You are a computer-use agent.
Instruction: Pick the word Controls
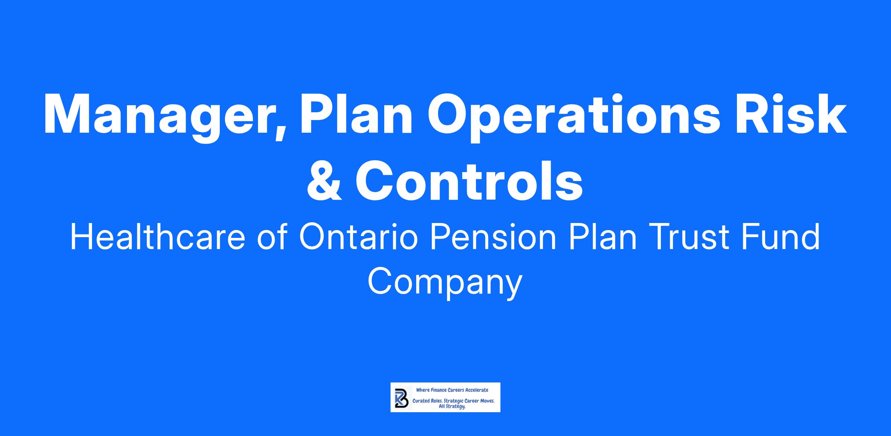[x=469, y=180]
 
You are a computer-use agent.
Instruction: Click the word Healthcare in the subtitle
[x=158, y=237]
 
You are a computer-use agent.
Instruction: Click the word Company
[x=445, y=283]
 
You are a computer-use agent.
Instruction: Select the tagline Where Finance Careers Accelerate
[x=452, y=390]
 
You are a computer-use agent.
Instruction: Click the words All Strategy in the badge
[x=452, y=407]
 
